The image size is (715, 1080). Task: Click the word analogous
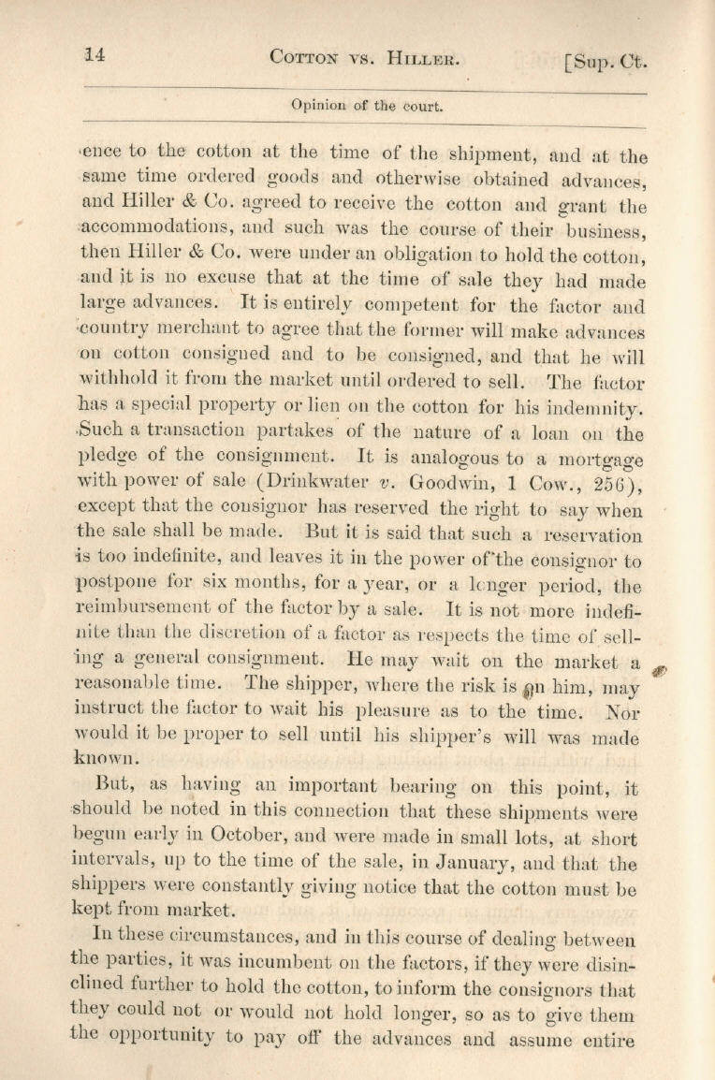[446, 460]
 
